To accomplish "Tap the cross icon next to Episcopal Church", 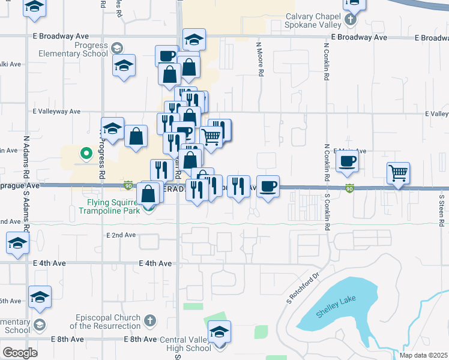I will click(149, 322).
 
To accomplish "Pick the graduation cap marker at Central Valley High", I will click(219, 332).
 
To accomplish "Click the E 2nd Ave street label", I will click(121, 235).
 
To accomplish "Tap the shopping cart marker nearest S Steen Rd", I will click(398, 173).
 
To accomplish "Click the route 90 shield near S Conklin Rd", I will click(349, 188).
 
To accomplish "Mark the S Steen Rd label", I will click(442, 210).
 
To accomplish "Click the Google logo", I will click(20, 352).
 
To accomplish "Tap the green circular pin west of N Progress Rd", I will click(86, 154).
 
